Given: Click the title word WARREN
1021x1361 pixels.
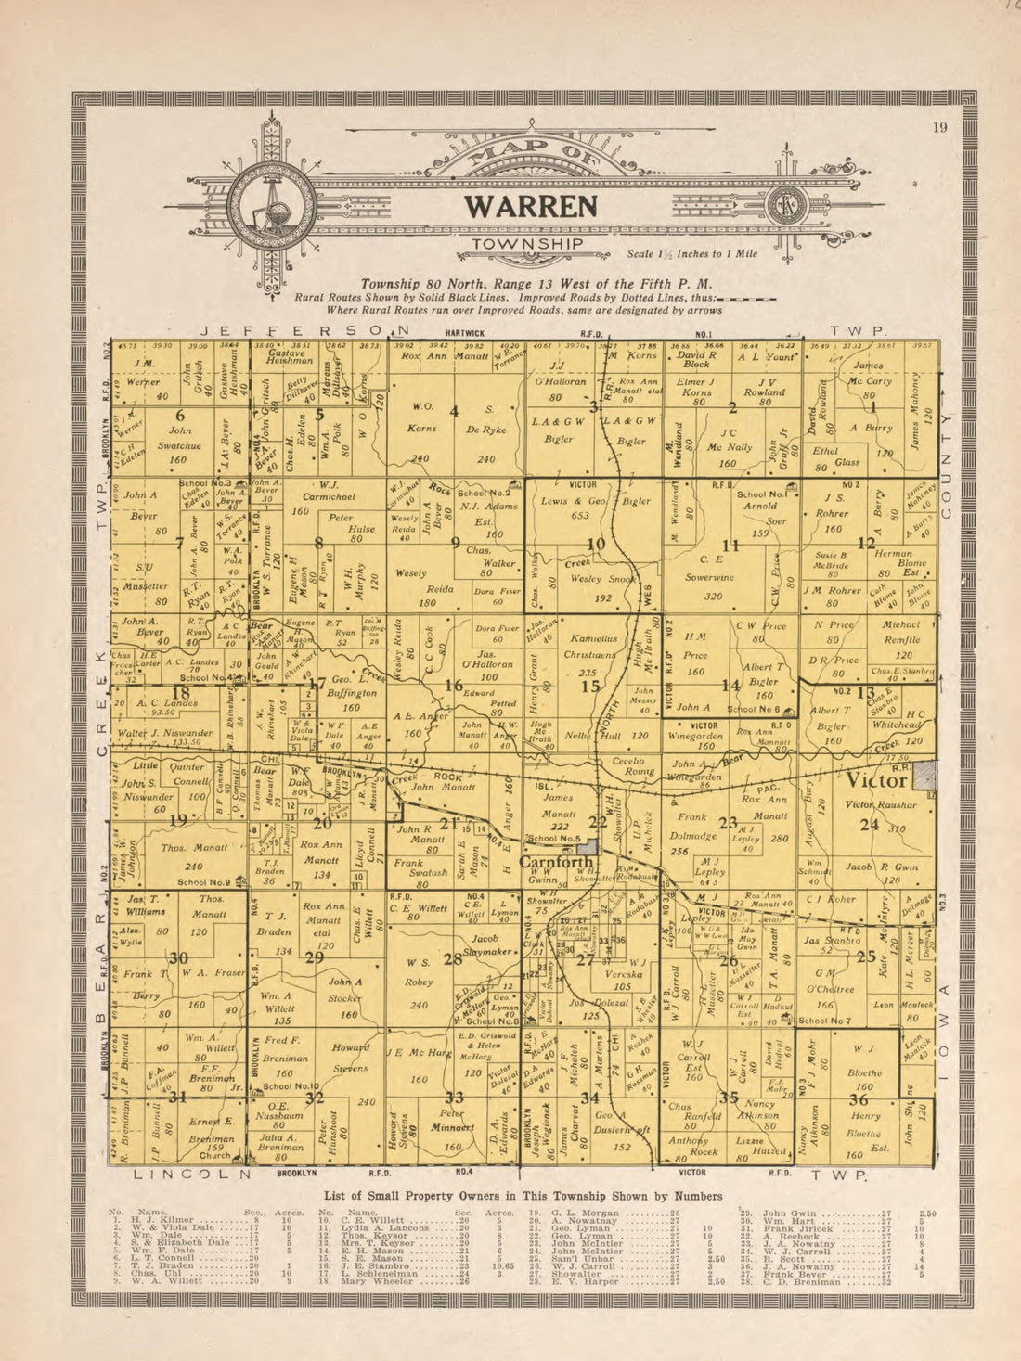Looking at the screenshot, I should [x=531, y=206].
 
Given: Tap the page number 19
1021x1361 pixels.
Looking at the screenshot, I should [x=940, y=128].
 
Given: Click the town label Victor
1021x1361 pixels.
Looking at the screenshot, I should [x=875, y=780].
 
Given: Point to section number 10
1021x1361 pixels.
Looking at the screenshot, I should [x=597, y=544].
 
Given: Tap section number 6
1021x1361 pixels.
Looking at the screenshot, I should [x=180, y=415].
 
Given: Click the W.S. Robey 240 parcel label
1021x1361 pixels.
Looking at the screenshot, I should [x=419, y=982].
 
